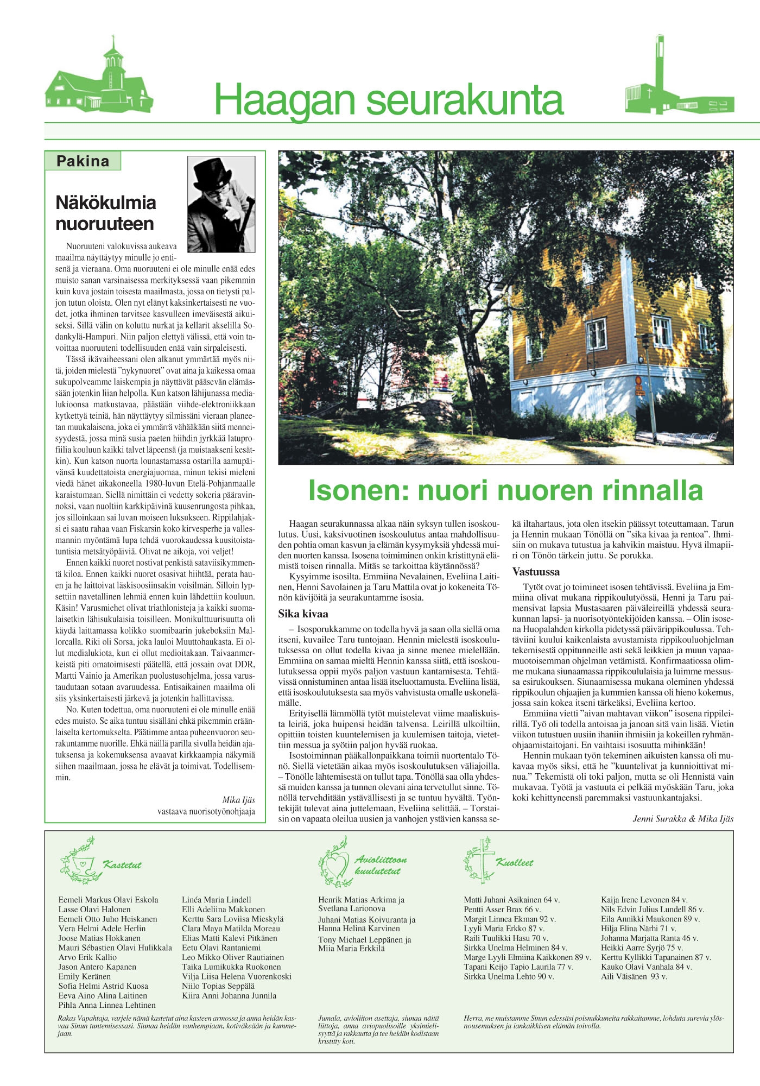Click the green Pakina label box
pyautogui.click(x=83, y=161)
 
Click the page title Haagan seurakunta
pyautogui.click(x=389, y=100)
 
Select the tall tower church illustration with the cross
pyautogui.click(x=679, y=81)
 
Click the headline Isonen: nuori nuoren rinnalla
pyautogui.click(x=505, y=490)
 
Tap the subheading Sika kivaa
pyautogui.click(x=303, y=614)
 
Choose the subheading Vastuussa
pyautogui.click(x=536, y=572)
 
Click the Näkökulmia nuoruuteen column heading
pyautogui.click(x=106, y=213)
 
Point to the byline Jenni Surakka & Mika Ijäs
pyautogui.click(x=683, y=819)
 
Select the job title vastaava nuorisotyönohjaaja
pyautogui.click(x=206, y=811)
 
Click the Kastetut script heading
pyautogui.click(x=122, y=865)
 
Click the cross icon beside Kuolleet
pyautogui.click(x=479, y=861)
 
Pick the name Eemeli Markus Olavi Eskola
pyautogui.click(x=109, y=900)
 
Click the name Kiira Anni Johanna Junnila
pyautogui.click(x=229, y=996)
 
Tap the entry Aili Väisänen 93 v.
pyautogui.click(x=634, y=976)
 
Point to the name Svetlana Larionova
pyautogui.click(x=352, y=908)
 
